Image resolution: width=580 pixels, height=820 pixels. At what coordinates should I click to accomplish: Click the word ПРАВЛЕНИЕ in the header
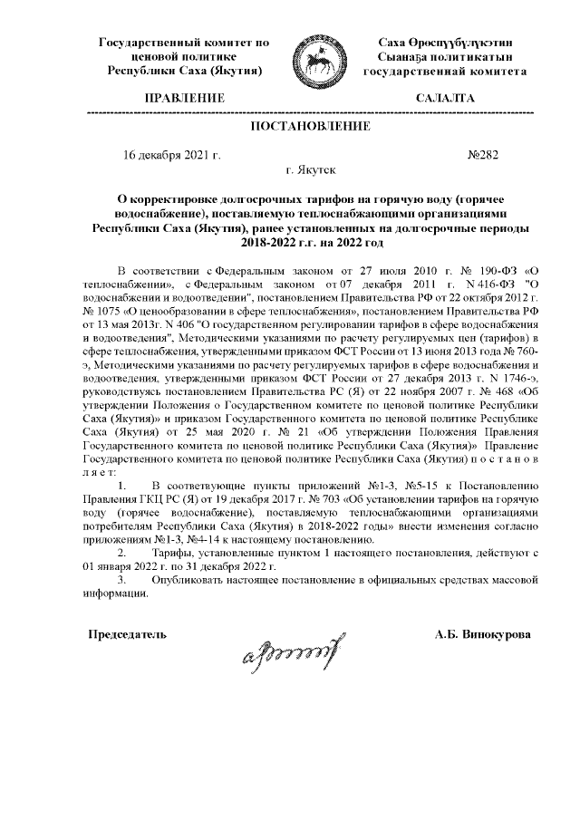point(185,97)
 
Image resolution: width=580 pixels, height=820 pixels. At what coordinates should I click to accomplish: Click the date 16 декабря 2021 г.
point(171,155)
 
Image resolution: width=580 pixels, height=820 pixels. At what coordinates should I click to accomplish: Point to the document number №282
point(482,155)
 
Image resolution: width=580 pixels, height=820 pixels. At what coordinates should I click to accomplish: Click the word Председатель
point(126,634)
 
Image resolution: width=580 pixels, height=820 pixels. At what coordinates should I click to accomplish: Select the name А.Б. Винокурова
point(483,634)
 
